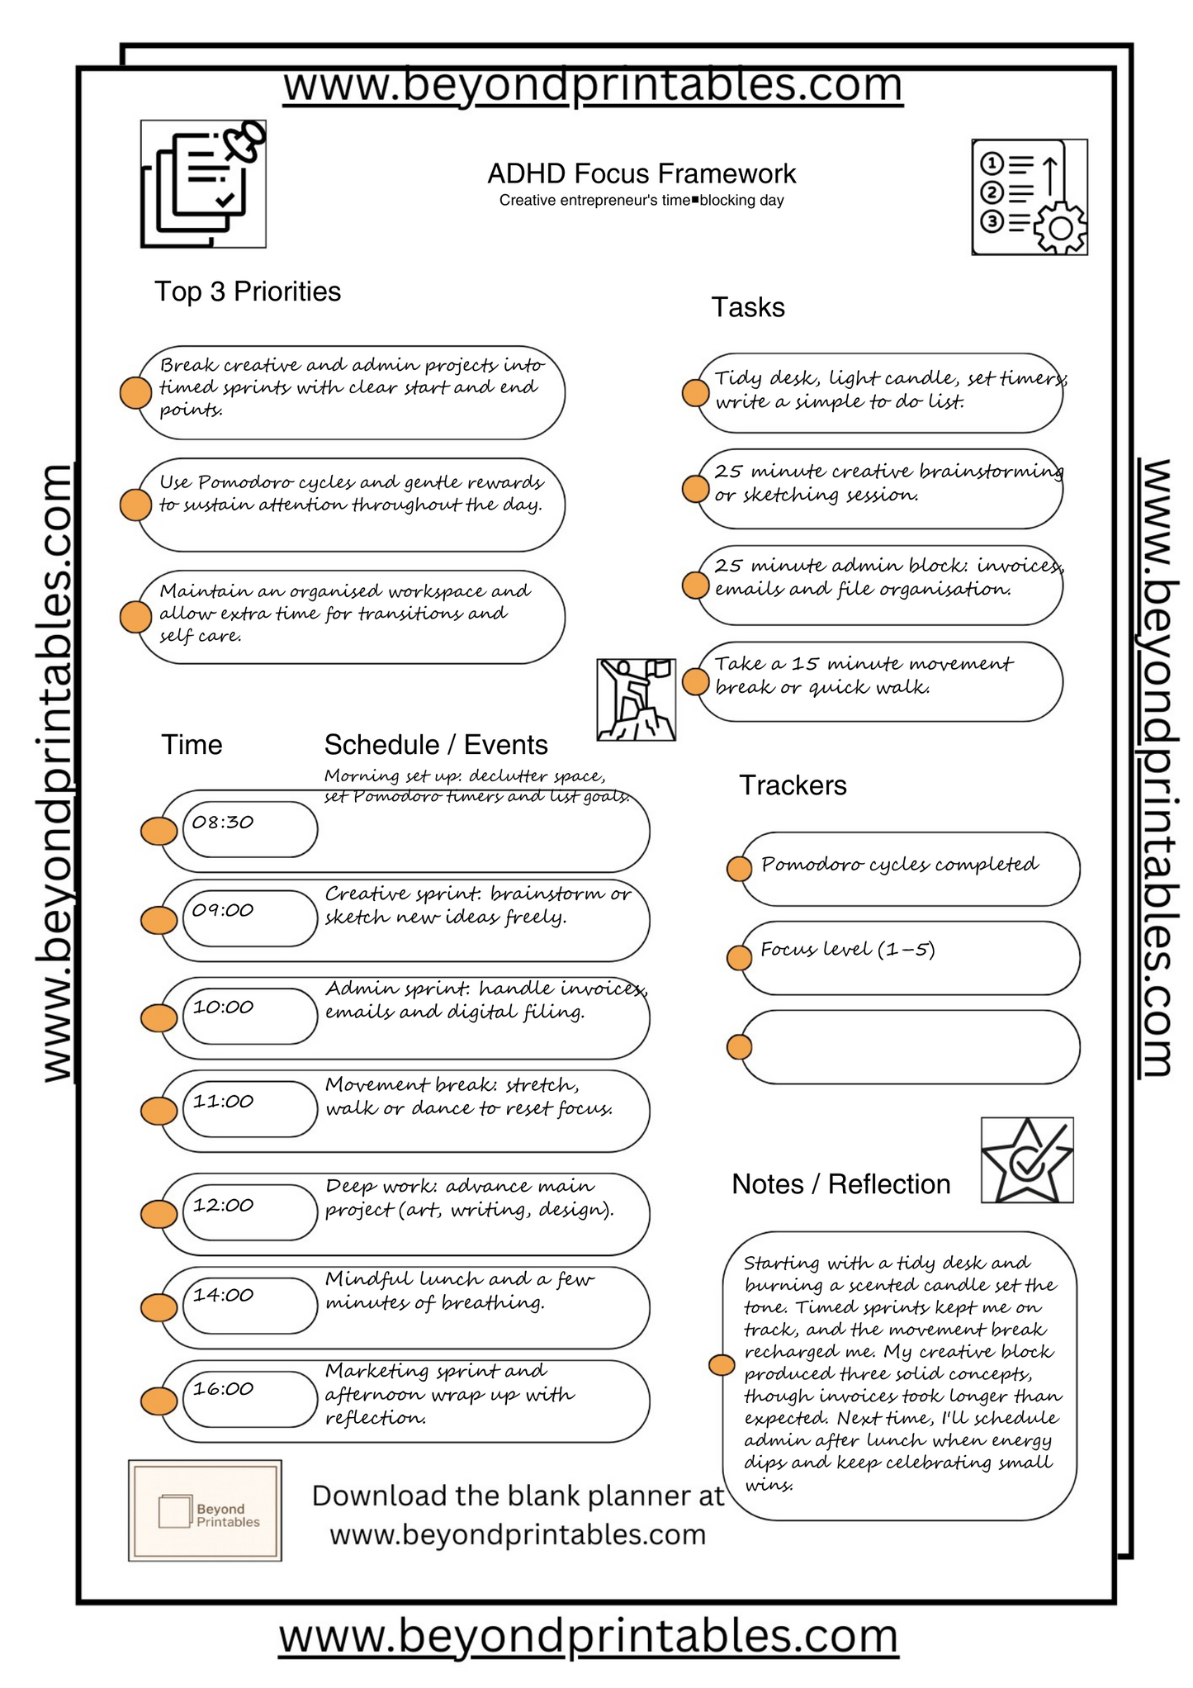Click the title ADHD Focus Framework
click(641, 174)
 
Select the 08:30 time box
click(249, 828)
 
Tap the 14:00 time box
click(249, 1305)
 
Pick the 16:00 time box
click(249, 1398)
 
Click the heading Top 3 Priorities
click(247, 292)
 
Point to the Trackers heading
click(792, 785)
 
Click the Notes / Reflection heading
click(840, 1184)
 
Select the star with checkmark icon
click(1026, 1160)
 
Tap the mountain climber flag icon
click(636, 699)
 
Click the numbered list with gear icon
click(1029, 197)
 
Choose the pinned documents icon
click(203, 183)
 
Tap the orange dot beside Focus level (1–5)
click(739, 958)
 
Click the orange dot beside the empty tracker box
click(739, 1047)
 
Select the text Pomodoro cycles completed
click(899, 865)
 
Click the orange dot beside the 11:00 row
click(159, 1111)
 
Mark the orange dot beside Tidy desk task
click(696, 393)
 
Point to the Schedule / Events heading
click(435, 745)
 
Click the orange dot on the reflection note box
click(722, 1365)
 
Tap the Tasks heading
click(747, 307)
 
